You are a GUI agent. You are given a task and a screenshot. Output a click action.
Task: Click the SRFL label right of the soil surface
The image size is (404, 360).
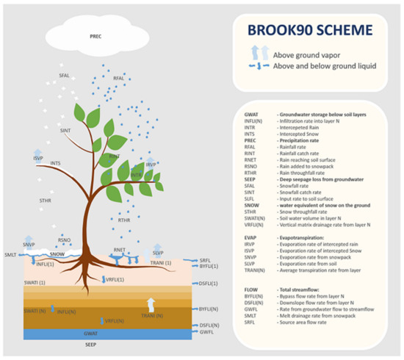206,260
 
